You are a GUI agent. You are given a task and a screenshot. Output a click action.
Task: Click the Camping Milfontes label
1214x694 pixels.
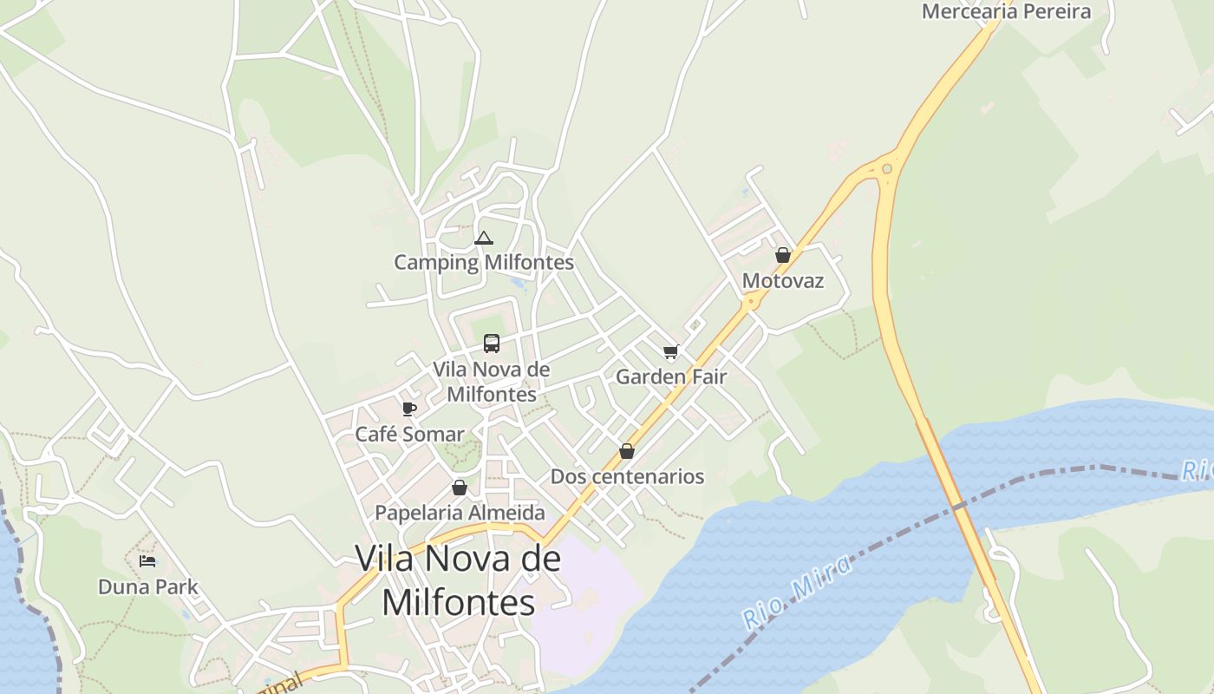tap(484, 262)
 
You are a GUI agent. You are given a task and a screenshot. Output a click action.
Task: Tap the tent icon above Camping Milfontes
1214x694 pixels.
tap(484, 239)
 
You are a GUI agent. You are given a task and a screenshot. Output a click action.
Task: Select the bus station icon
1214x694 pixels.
tap(492, 344)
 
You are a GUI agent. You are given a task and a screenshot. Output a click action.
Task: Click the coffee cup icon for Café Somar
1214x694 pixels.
tap(409, 409)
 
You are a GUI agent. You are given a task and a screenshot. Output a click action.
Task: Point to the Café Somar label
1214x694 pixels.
tap(409, 434)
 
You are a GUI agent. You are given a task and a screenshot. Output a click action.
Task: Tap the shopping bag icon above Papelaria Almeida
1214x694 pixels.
tap(460, 488)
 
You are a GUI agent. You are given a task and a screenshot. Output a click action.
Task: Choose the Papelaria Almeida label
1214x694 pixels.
tap(460, 513)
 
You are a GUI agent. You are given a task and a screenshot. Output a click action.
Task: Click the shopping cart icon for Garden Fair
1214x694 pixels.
tap(670, 351)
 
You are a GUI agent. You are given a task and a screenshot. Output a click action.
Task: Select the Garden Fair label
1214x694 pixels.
tap(670, 376)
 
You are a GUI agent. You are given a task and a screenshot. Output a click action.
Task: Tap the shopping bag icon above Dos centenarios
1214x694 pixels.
tap(627, 451)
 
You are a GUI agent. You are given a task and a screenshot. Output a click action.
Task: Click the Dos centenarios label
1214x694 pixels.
tap(627, 476)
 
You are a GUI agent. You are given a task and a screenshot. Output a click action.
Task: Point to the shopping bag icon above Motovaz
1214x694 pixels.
tap(782, 255)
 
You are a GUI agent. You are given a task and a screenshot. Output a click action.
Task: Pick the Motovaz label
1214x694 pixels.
tap(782, 281)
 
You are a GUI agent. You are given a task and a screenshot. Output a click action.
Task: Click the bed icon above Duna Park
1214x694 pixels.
tap(147, 561)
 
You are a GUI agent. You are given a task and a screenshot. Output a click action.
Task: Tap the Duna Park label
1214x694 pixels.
tap(147, 586)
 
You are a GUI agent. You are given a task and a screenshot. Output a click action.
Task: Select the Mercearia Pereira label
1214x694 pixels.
tap(1006, 11)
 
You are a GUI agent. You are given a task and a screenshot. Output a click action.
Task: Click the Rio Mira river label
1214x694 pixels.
tap(796, 593)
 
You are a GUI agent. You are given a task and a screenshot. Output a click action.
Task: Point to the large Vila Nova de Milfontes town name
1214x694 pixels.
tap(458, 579)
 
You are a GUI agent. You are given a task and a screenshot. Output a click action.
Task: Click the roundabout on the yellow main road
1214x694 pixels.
tap(886, 168)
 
